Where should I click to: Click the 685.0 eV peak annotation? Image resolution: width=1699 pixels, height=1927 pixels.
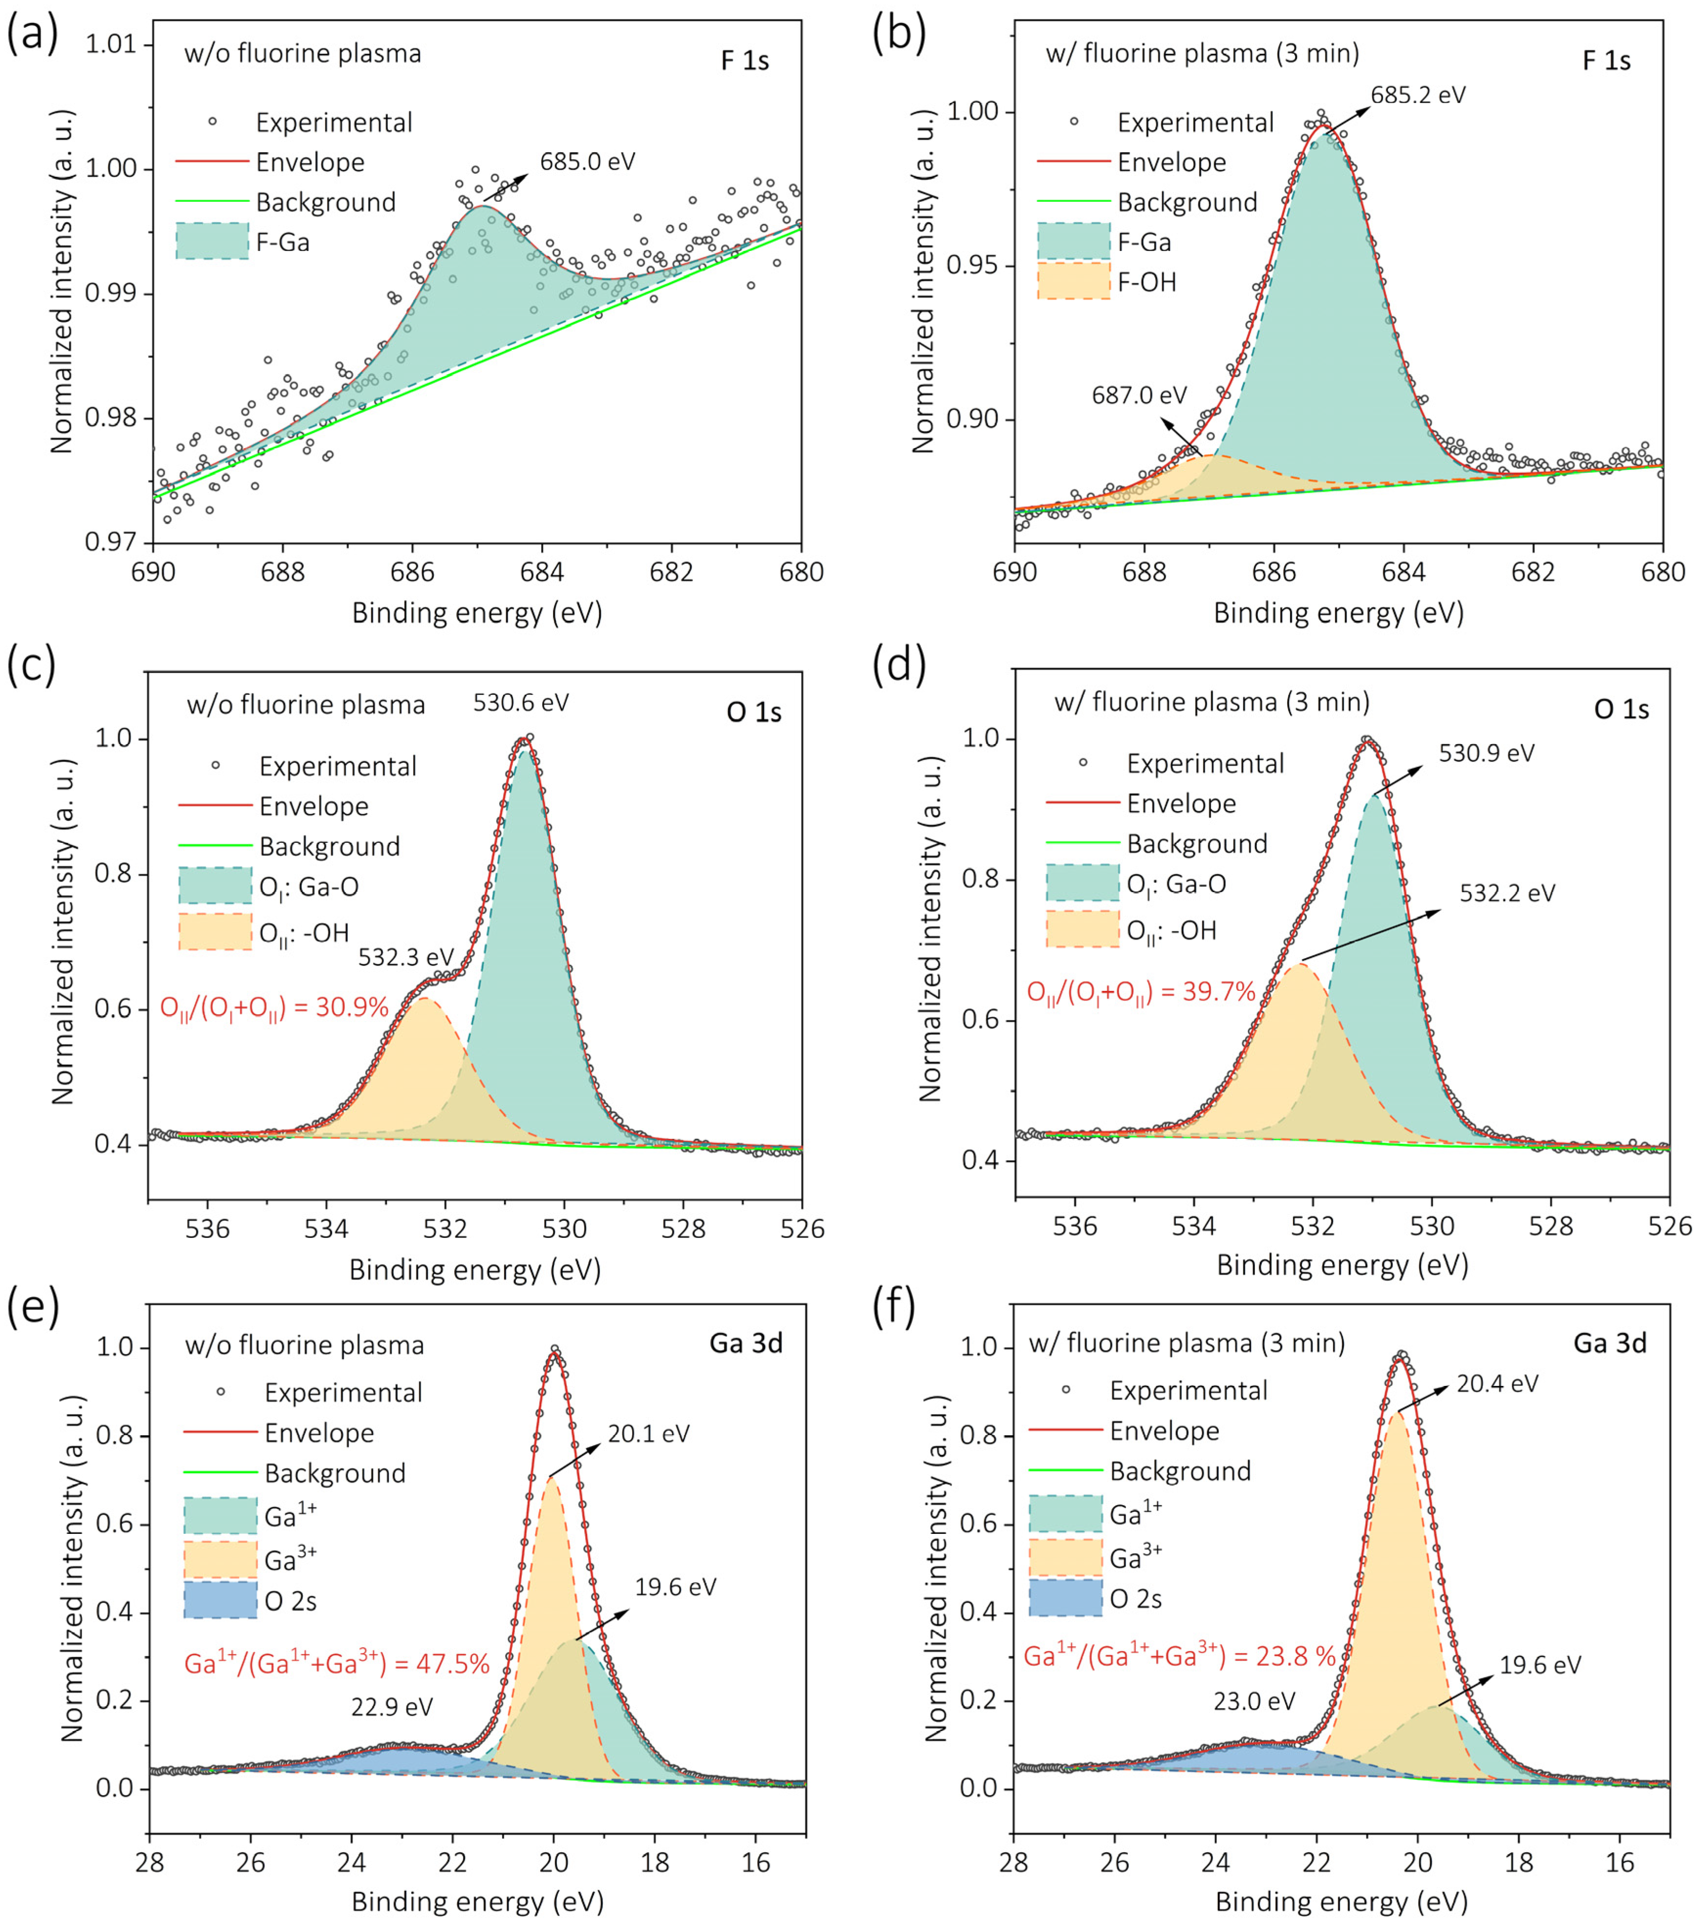(x=587, y=161)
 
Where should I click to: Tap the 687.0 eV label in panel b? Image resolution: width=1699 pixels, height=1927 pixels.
(x=1139, y=395)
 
